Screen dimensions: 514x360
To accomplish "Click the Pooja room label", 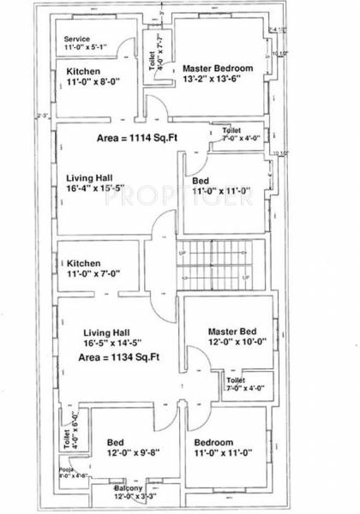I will click(x=72, y=474).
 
